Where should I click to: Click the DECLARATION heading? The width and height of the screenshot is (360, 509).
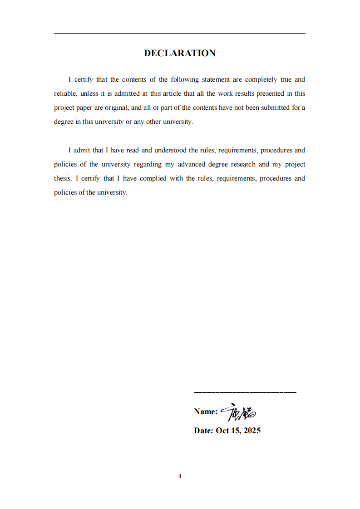(180, 53)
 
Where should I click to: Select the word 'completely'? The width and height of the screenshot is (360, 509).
(261, 79)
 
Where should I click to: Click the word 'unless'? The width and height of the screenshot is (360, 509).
(90, 93)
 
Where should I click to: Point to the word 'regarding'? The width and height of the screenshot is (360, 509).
(148, 164)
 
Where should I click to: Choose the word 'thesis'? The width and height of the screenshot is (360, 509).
(63, 178)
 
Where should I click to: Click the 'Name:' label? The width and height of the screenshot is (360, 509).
(206, 411)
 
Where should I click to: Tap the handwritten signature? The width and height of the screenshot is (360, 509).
(239, 412)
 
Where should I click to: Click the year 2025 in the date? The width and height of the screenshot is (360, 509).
(252, 431)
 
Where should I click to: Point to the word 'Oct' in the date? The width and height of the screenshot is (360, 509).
(222, 431)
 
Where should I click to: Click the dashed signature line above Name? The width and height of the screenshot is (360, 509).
(245, 392)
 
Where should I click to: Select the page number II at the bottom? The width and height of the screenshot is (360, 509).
(180, 476)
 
